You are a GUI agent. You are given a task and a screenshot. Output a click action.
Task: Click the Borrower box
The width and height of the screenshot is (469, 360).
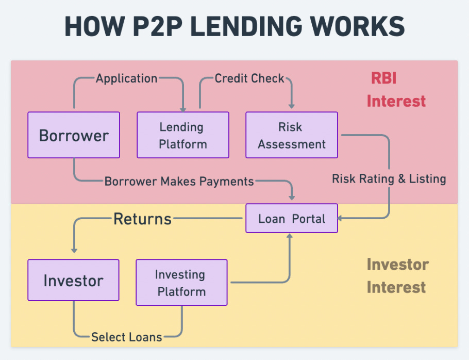74,135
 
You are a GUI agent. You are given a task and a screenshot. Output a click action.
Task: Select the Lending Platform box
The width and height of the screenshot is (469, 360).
183,135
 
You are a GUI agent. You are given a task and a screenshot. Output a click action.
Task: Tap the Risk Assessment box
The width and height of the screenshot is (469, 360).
292,135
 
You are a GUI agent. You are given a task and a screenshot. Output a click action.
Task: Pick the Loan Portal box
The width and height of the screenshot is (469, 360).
292,218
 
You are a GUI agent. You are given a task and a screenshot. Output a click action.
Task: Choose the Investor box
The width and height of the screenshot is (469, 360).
73,280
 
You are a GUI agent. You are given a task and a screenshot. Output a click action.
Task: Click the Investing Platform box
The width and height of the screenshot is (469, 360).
181,283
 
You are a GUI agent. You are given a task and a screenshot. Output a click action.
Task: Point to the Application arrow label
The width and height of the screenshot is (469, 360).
126,78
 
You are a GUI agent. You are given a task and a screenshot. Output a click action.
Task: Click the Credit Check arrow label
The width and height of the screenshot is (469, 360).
249,78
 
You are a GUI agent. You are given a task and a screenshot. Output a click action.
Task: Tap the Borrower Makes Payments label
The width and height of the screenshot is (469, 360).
179,181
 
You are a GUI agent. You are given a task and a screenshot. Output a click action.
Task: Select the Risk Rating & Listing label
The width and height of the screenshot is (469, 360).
389,179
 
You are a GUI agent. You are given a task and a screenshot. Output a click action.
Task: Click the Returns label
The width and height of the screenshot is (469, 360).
142,219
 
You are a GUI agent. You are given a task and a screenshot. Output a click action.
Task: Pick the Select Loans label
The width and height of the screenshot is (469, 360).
126,337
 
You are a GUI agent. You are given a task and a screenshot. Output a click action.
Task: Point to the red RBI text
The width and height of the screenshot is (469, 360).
384,78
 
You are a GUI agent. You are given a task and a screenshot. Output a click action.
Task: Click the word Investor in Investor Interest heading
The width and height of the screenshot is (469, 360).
397,265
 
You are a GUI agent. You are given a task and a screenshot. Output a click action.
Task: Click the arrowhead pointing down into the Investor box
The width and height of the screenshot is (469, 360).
74,250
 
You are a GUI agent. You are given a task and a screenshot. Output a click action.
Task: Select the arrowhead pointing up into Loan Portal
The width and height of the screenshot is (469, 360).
290,236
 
